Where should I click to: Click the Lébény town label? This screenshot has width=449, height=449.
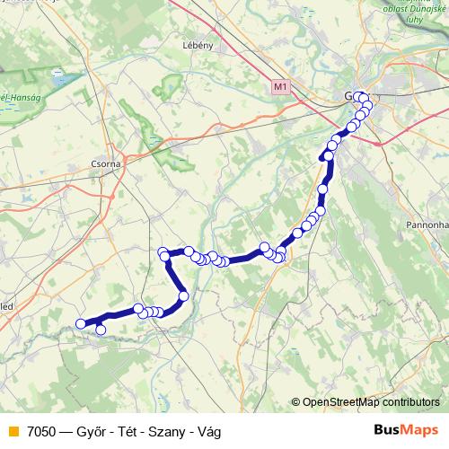point(198,44)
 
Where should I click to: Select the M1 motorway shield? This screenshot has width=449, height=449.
point(281,87)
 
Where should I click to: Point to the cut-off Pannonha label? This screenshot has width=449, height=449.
point(427,218)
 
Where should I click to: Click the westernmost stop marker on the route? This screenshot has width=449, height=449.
point(81,323)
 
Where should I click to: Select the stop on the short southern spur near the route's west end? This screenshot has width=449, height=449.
point(101,330)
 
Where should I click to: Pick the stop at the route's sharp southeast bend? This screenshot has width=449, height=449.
point(183,295)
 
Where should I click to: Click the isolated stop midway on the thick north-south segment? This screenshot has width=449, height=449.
point(321,189)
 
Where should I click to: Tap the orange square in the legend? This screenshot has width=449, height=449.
point(12,431)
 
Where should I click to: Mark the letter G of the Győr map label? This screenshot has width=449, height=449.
point(349,96)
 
